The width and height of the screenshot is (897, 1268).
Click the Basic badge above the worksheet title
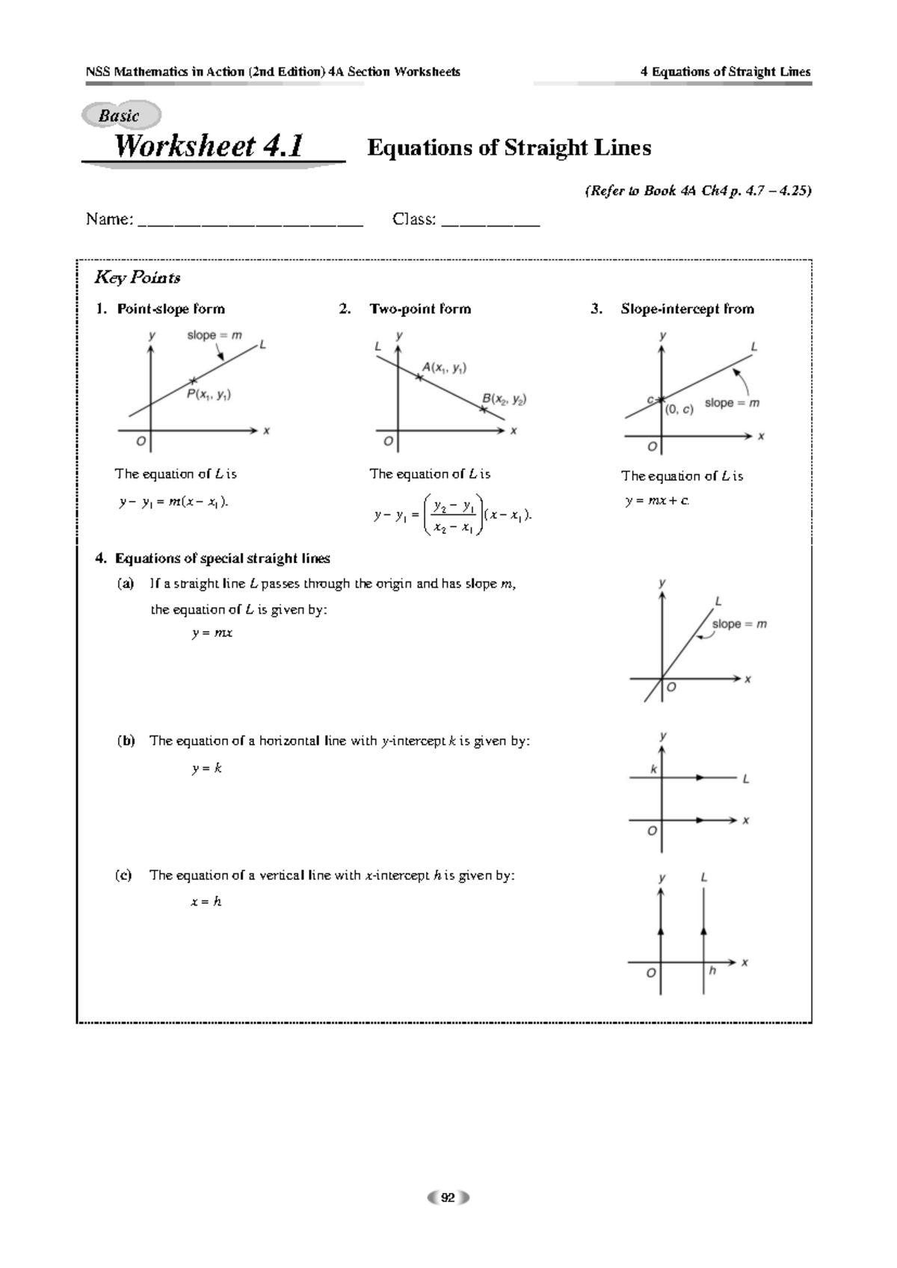(120, 116)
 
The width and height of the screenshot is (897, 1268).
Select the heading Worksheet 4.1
(209, 147)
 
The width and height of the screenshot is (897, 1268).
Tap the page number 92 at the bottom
(448, 1197)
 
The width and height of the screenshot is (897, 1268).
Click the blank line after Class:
(490, 221)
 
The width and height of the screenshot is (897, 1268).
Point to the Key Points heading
(137, 278)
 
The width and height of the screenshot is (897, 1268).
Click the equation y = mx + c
(657, 501)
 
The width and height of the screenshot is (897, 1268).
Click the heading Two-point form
(420, 309)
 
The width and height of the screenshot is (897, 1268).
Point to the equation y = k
(206, 768)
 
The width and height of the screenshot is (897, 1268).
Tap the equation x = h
(206, 902)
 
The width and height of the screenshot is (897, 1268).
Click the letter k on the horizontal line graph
(653, 769)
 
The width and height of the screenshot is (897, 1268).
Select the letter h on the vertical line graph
(712, 970)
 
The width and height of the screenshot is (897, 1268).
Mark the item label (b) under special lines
(125, 741)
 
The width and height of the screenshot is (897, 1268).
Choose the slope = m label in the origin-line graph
(739, 624)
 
